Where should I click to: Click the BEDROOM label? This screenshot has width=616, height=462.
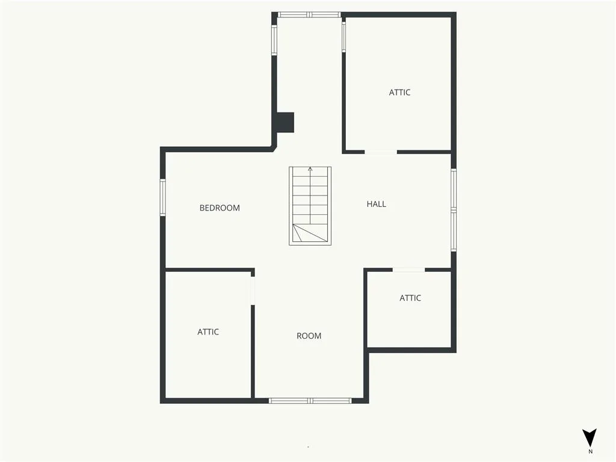tap(220, 208)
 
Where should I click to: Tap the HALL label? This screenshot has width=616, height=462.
tap(377, 204)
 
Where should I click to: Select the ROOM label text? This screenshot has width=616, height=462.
tap(309, 336)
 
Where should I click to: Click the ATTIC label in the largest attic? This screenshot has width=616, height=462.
tap(399, 92)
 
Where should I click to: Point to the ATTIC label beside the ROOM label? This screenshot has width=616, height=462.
tap(208, 332)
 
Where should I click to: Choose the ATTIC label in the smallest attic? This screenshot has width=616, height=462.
tap(410, 298)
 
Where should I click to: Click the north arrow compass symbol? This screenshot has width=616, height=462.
tap(590, 438)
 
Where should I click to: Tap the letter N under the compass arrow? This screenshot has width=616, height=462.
tap(590, 451)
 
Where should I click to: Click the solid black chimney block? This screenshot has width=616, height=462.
tap(285, 123)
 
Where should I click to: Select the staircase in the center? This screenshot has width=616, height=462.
tap(310, 206)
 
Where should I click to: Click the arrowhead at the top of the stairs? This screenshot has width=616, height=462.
tap(310, 169)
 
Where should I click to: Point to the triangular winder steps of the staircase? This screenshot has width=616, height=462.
tap(310, 233)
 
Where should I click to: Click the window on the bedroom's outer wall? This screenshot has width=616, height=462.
tap(162, 197)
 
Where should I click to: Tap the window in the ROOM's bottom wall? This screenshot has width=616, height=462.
tap(310, 401)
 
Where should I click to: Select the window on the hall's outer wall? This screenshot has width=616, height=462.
tap(454, 210)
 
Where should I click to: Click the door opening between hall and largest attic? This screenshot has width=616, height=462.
tap(381, 152)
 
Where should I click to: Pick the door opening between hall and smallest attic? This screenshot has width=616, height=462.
tap(409, 270)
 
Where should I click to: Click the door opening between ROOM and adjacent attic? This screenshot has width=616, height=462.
tap(253, 291)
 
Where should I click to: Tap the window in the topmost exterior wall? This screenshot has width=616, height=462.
tap(309, 15)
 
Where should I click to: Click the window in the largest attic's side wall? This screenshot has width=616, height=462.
tap(343, 37)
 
